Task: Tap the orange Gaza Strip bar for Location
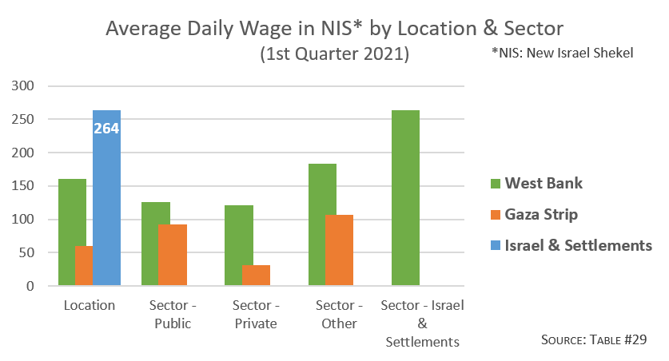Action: (83, 265)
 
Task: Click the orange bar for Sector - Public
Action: (172, 255)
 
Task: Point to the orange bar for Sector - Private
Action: (256, 275)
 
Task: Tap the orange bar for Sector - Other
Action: (339, 250)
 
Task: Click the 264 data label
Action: (106, 127)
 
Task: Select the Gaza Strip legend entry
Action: (535, 215)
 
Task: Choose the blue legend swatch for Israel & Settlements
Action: (496, 246)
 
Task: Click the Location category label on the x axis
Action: (89, 306)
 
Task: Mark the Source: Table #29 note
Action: (593, 339)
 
